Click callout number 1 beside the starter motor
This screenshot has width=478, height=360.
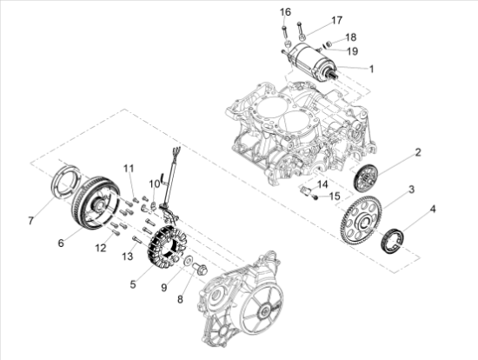click(x=371, y=69)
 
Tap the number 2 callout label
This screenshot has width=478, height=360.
click(x=418, y=152)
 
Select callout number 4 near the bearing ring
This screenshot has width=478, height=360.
click(x=433, y=210)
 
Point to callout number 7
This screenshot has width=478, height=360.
click(x=30, y=221)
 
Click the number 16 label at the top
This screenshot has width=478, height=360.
click(x=286, y=12)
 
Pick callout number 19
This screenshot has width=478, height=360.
click(x=352, y=51)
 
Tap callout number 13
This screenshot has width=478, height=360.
click(x=128, y=257)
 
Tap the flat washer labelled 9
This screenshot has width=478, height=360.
click(x=187, y=260)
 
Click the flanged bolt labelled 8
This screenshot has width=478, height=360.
click(x=201, y=269)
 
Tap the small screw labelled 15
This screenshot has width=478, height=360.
click(x=315, y=198)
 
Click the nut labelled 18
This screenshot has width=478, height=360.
click(x=329, y=43)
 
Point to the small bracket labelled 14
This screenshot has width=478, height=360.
click(x=305, y=190)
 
